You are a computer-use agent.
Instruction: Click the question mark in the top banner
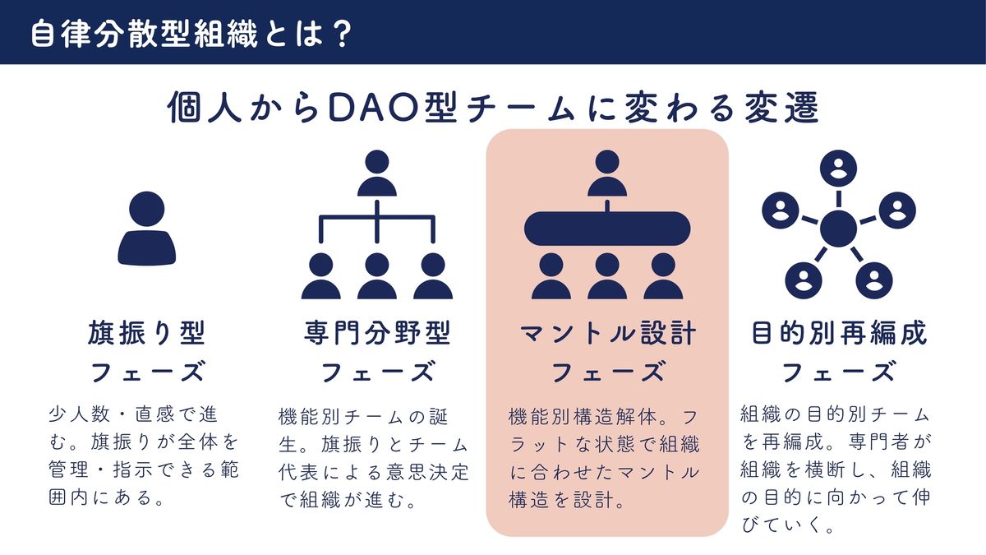tap(341, 34)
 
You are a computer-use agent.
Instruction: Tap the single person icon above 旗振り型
tap(146, 229)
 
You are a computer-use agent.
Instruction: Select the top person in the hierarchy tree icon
tap(377, 173)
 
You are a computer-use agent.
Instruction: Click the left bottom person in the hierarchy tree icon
tap(321, 276)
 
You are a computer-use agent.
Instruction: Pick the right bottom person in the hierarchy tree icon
tap(433, 276)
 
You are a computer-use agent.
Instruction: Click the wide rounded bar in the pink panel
tap(607, 229)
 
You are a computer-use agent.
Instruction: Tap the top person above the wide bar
tap(607, 173)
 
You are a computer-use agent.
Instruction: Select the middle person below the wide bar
tap(607, 276)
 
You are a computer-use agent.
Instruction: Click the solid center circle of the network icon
tap(839, 229)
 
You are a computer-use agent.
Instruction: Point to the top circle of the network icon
tap(839, 169)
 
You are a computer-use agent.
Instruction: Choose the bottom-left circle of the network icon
tap(804, 280)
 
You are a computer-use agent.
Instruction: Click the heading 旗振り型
tap(147, 333)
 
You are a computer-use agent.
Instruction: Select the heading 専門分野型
tap(377, 333)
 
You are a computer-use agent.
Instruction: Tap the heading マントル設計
tap(608, 333)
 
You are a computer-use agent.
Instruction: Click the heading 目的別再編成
tap(839, 333)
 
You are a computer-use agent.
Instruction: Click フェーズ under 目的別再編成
tap(839, 372)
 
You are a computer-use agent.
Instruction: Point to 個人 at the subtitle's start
tap(205, 108)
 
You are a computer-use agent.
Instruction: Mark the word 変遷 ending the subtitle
tap(781, 108)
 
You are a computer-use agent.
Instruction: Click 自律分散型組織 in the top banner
tap(144, 34)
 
